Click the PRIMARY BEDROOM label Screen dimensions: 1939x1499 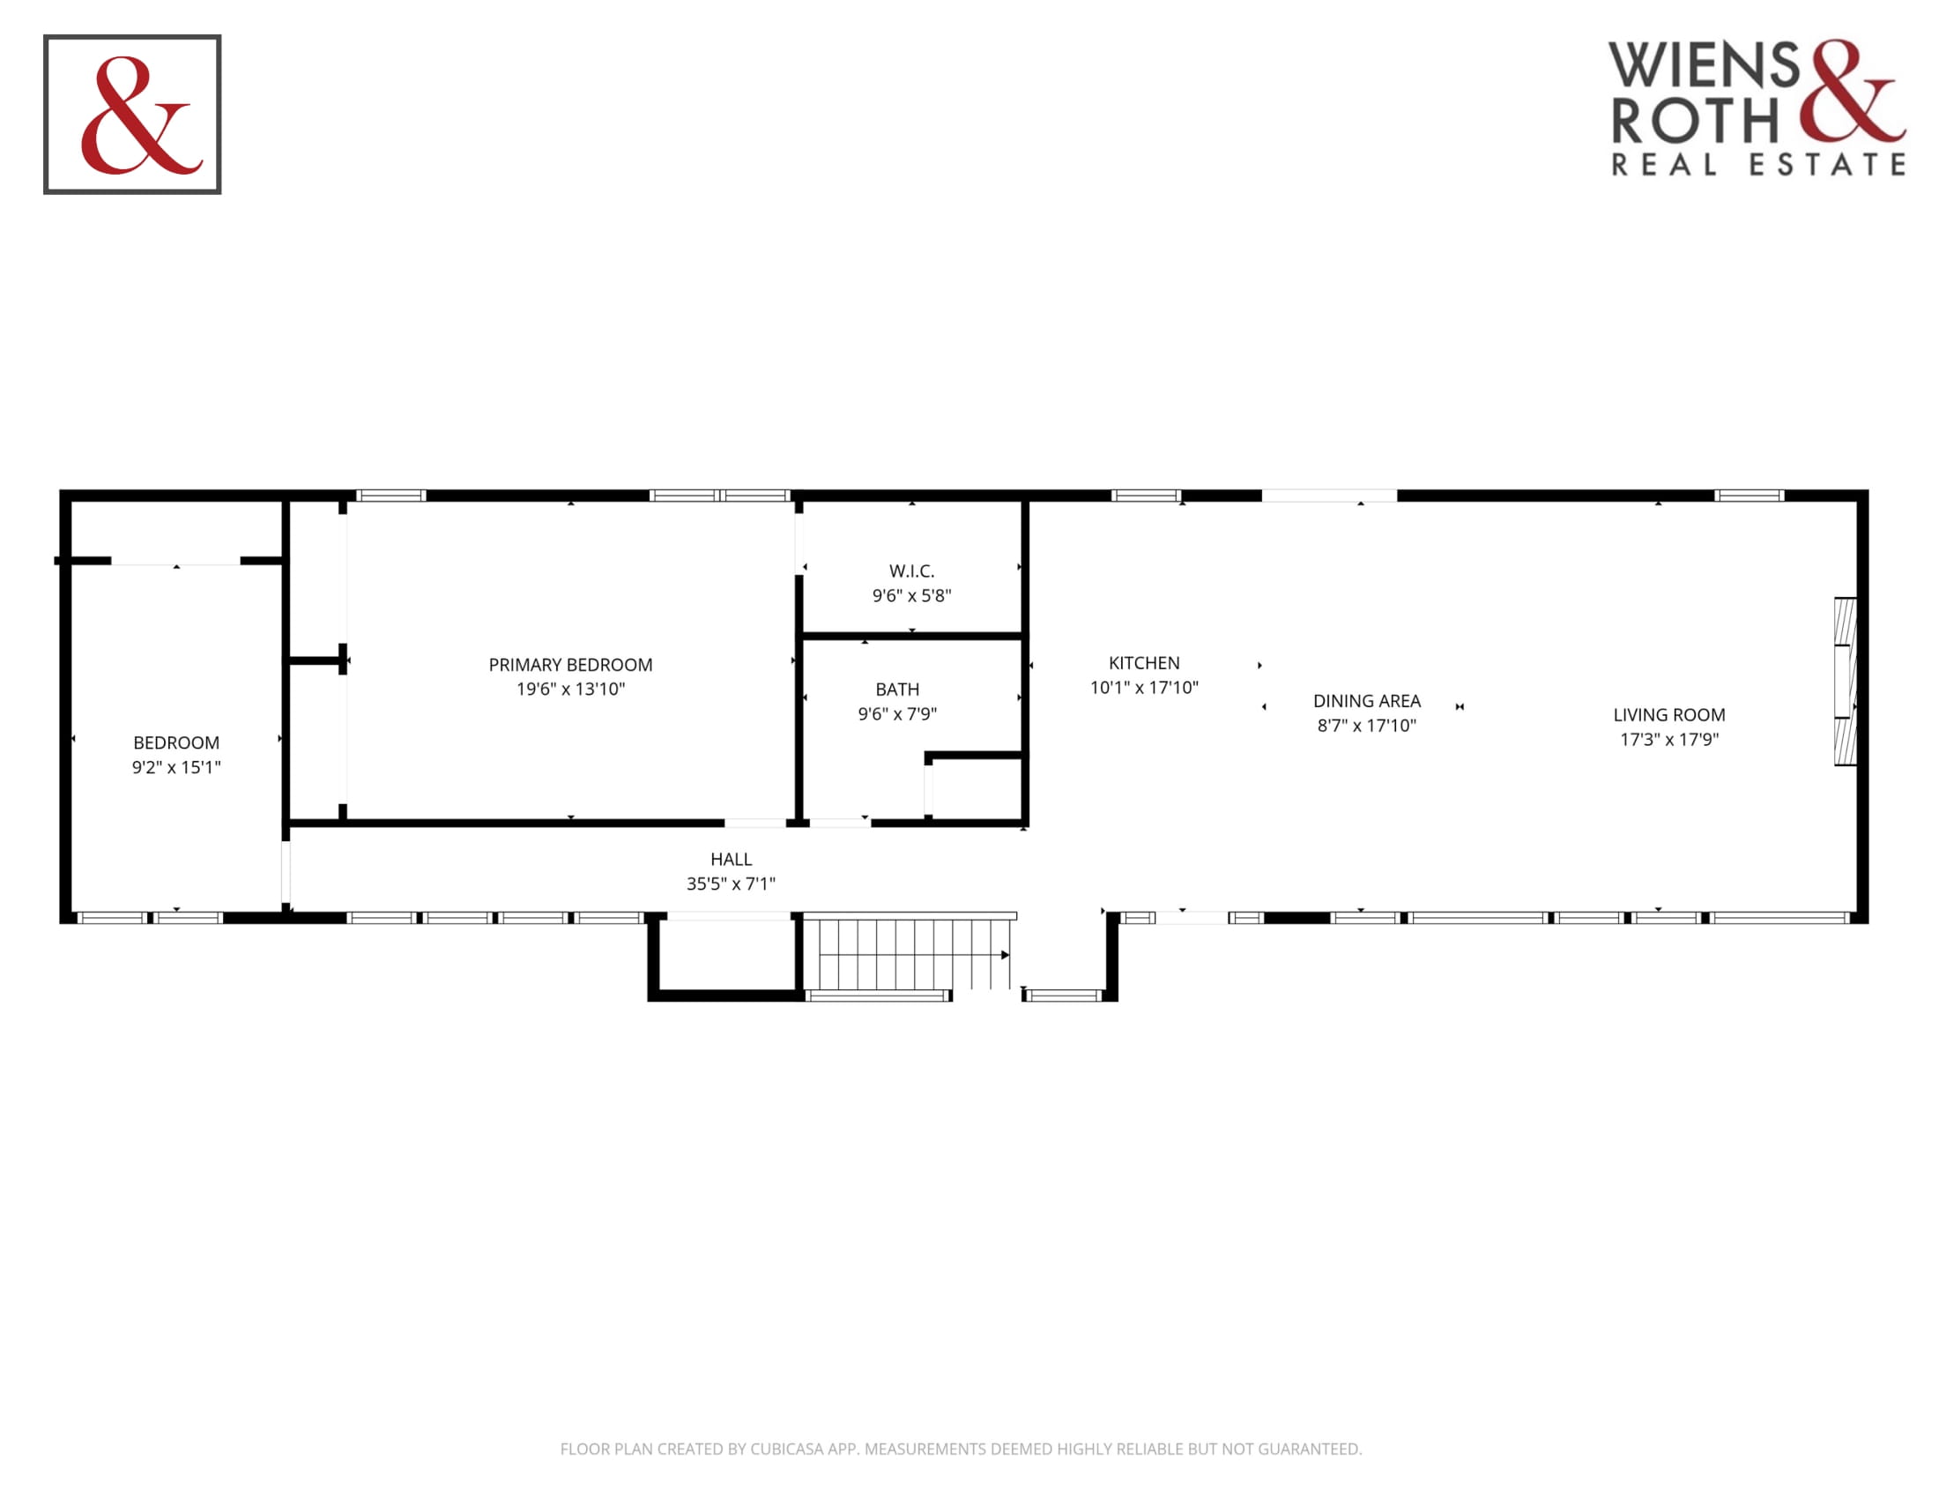tap(570, 664)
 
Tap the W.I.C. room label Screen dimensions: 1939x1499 tap(912, 571)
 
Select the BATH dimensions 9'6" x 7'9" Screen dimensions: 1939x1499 tap(896, 714)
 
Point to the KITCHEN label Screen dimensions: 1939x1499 tap(1143, 662)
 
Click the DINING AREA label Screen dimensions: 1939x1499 tap(1366, 701)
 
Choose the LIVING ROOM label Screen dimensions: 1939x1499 tap(1669, 715)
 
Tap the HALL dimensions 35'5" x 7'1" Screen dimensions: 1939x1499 tap(731, 884)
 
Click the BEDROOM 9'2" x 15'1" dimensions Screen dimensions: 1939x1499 tap(175, 767)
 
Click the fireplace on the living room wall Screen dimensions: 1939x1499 tap(1845, 681)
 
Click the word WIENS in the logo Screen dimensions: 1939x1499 tap(1704, 64)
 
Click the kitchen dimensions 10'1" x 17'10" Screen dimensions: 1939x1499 tap(1143, 688)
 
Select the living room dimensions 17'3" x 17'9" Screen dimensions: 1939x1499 tap(1669, 740)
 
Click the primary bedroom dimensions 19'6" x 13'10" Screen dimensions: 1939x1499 tap(570, 690)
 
